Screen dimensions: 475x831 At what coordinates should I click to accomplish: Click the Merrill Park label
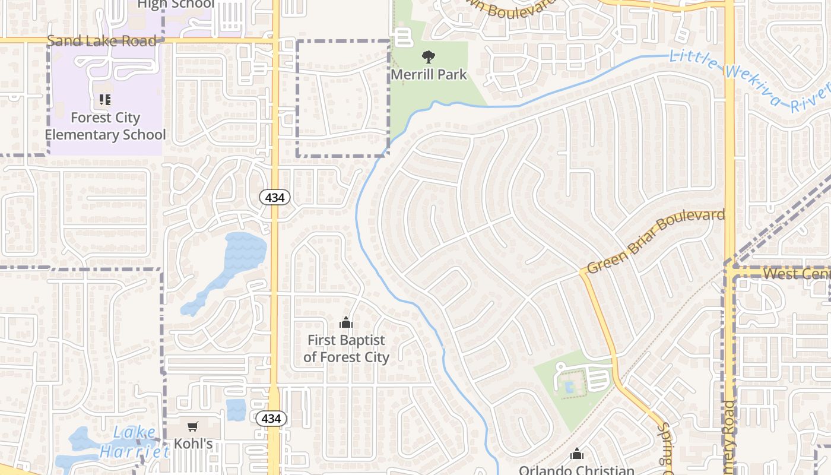coord(429,75)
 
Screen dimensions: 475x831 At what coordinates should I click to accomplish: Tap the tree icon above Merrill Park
coord(428,57)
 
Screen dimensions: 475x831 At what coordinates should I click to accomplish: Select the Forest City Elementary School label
coord(105,126)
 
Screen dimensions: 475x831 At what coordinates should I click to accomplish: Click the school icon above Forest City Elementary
coord(105,100)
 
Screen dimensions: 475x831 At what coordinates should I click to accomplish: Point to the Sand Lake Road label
coord(102,40)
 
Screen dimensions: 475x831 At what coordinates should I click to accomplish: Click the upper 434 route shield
coord(275,198)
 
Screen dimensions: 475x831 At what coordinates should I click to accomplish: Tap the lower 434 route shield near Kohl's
coord(271,419)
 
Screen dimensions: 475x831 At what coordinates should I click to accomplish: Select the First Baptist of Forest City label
coord(346,349)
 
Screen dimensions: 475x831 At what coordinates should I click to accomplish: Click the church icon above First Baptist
coord(346,323)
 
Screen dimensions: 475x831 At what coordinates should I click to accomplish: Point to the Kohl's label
coord(193,444)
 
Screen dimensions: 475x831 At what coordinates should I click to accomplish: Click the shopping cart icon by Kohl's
coord(193,426)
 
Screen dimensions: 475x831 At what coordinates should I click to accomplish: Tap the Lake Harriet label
coord(134,442)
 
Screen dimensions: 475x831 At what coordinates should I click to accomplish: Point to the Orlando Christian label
coord(576,470)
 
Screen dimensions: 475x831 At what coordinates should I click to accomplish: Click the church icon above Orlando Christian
coord(576,455)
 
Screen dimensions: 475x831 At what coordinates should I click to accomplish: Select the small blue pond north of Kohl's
coord(236,409)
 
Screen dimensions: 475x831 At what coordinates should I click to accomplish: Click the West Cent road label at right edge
coord(795,274)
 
